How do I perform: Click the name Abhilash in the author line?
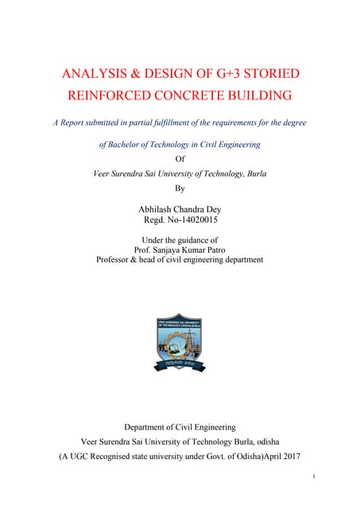click(x=159, y=208)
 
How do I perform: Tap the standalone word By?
click(x=179, y=189)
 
